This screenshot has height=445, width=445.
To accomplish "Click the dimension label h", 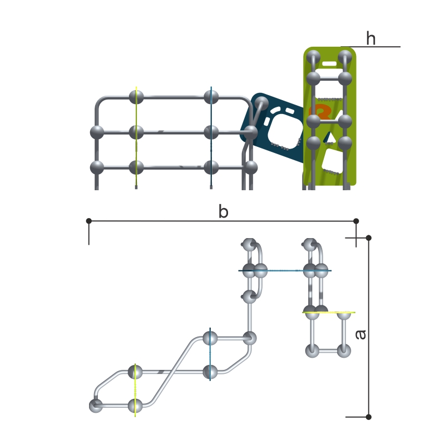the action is coord(371,39).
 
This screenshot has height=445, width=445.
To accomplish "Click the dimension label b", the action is coord(224,212).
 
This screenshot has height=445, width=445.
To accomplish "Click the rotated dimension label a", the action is coord(360,335).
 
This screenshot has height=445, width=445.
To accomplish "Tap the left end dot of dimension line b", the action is coord(89,221).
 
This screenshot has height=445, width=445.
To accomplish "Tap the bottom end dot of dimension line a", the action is coord(368,417).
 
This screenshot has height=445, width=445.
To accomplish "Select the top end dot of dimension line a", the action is coord(368,238).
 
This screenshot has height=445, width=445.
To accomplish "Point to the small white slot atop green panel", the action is coord(329,64).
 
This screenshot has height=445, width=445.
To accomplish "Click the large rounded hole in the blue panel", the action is coord(285,130).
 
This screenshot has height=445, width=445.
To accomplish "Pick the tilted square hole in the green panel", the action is coord(333,161).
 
